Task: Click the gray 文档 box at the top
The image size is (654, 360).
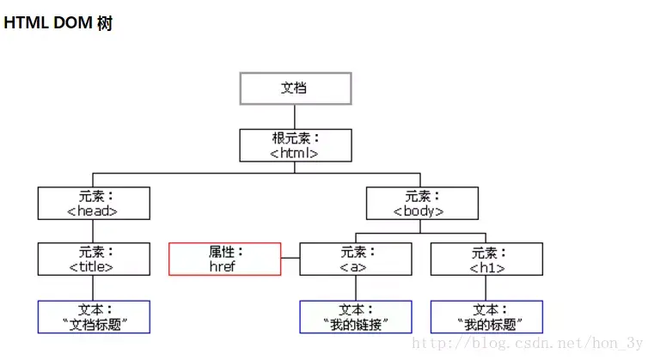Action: click(295, 88)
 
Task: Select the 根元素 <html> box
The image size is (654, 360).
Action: click(295, 145)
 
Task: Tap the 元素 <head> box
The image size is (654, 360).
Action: click(94, 204)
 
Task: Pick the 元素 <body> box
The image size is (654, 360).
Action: click(421, 204)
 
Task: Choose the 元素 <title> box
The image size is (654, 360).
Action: click(94, 259)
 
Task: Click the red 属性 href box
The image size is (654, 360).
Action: click(225, 259)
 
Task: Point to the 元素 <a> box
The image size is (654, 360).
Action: click(356, 259)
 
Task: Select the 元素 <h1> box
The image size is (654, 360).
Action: click(486, 259)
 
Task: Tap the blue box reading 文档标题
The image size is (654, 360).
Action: click(94, 316)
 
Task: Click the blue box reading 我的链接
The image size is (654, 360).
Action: click(356, 316)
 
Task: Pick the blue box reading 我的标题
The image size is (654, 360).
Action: click(486, 316)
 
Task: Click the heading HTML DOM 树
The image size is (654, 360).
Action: click(58, 24)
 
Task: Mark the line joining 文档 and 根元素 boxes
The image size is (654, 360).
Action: click(295, 117)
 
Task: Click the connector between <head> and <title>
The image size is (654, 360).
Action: click(94, 231)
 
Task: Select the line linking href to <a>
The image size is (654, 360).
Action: click(290, 259)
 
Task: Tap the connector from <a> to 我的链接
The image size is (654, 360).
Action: click(356, 288)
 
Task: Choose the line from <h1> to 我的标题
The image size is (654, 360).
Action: click(486, 288)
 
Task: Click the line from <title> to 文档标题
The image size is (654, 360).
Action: click(94, 288)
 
